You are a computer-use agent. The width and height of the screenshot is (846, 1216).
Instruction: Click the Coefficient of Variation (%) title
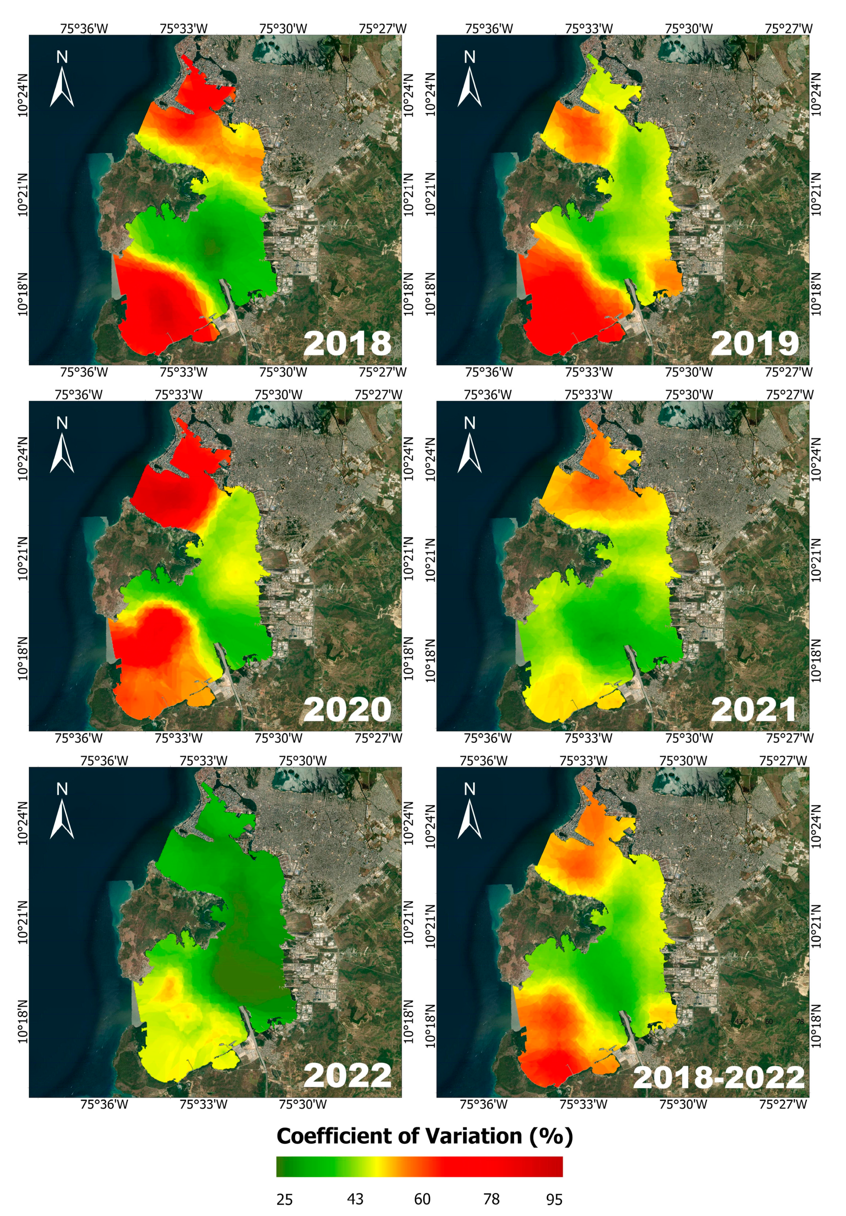pyautogui.click(x=424, y=1136)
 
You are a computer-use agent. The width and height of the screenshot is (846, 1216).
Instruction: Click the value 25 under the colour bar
pyautogui.click(x=284, y=1199)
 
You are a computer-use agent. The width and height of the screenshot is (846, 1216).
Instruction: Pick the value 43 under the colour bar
pyautogui.click(x=355, y=1199)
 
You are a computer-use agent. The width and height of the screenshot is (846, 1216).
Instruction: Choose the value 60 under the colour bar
pyautogui.click(x=422, y=1199)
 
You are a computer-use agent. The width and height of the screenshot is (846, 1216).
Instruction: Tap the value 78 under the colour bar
pyautogui.click(x=491, y=1199)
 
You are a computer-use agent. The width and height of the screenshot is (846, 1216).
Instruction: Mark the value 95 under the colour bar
pyautogui.click(x=554, y=1199)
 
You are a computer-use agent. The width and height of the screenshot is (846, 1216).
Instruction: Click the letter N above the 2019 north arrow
pyautogui.click(x=470, y=57)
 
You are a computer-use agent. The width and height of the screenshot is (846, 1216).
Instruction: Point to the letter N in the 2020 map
pyautogui.click(x=62, y=422)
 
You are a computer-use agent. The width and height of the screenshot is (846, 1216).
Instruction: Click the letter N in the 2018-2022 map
pyautogui.click(x=470, y=789)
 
